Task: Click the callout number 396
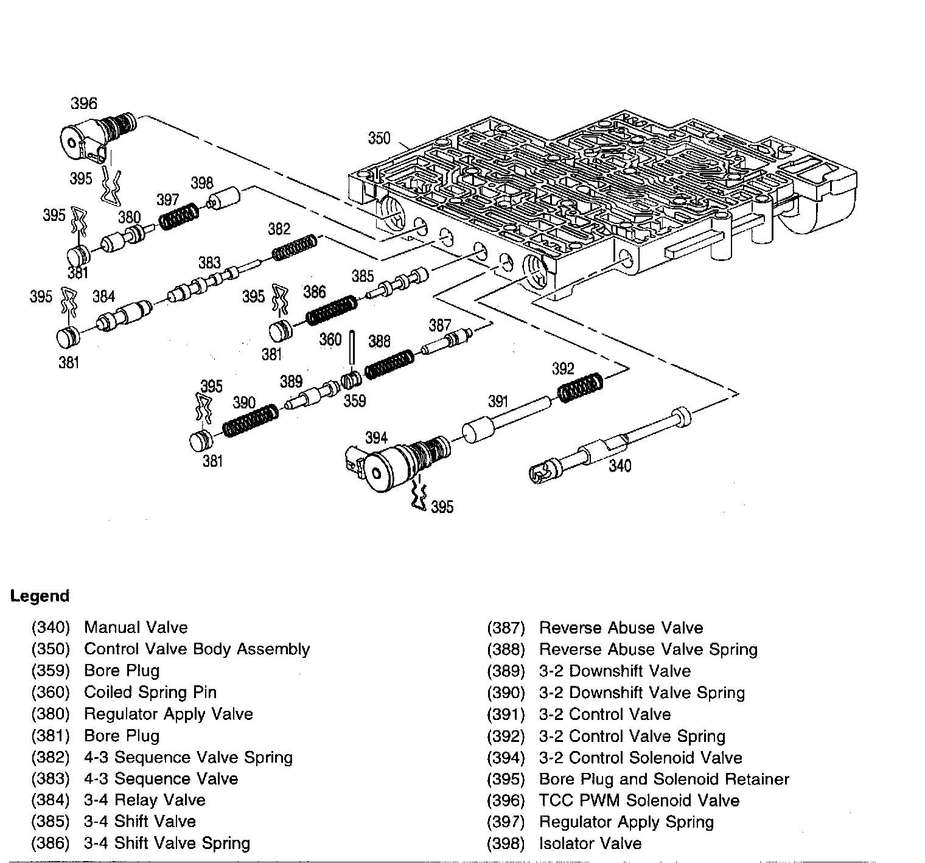(x=83, y=103)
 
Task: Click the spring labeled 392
(x=581, y=387)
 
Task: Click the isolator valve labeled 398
(x=224, y=199)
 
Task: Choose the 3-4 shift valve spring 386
(x=330, y=309)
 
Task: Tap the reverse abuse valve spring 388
(x=389, y=364)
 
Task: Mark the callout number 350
(x=379, y=139)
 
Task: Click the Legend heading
(x=40, y=596)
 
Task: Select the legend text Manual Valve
(x=136, y=627)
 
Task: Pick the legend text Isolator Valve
(x=590, y=844)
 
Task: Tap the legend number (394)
(x=505, y=758)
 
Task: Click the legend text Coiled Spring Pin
(x=150, y=692)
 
